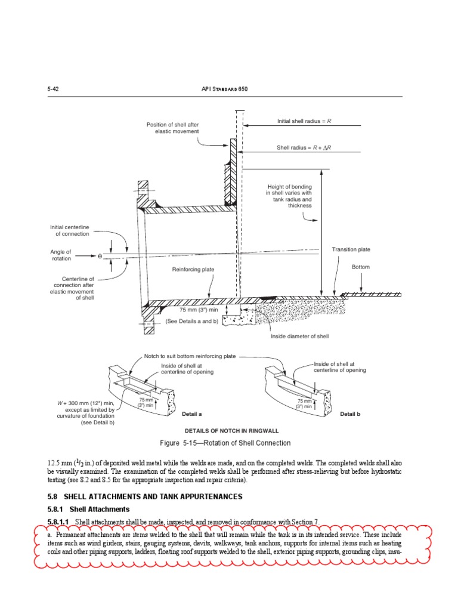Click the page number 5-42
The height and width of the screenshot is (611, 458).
(52, 89)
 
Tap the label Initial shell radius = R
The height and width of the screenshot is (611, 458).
(304, 121)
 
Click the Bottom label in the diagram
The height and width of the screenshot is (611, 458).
(361, 267)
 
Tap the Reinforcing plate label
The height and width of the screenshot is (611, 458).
(193, 270)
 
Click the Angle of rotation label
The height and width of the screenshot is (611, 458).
(61, 255)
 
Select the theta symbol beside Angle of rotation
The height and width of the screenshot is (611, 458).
(100, 255)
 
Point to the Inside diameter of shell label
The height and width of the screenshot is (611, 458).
(300, 337)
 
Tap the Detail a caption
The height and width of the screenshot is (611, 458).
(192, 413)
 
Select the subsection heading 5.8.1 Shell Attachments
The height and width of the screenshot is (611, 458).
(88, 509)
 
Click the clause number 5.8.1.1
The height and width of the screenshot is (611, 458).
(59, 522)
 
